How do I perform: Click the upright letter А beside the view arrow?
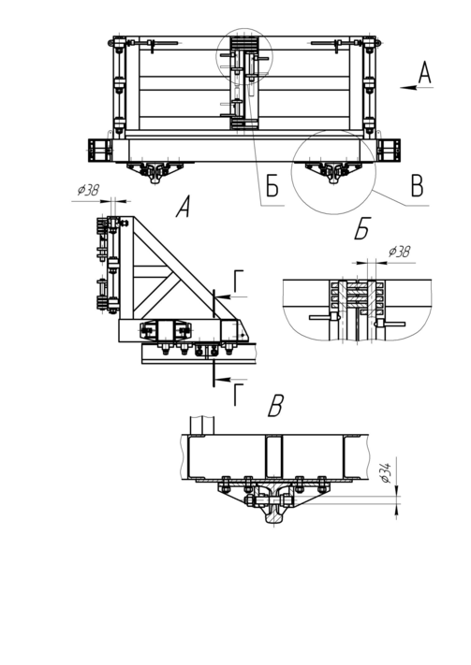[424, 72]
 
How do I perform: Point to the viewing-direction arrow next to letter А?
[417, 88]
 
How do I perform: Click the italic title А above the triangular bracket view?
[183, 207]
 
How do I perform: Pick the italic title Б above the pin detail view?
[362, 228]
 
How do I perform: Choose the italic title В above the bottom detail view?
[275, 405]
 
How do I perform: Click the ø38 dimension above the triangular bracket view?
[88, 191]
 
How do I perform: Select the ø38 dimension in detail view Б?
[399, 252]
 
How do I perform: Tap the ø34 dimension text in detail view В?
[386, 472]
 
